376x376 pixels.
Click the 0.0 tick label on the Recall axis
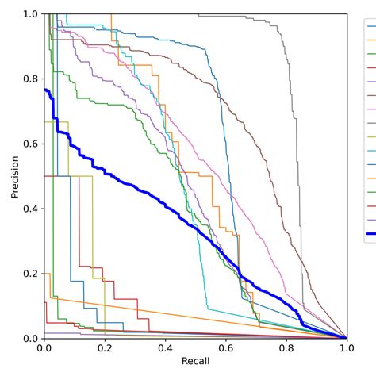coord(45,347)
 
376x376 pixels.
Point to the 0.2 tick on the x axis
coord(106,347)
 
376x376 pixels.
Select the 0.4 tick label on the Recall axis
coord(166,347)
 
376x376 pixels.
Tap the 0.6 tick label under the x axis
coord(226,347)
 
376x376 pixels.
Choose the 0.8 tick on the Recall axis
coord(286,347)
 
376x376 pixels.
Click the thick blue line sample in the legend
coord(370,234)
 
